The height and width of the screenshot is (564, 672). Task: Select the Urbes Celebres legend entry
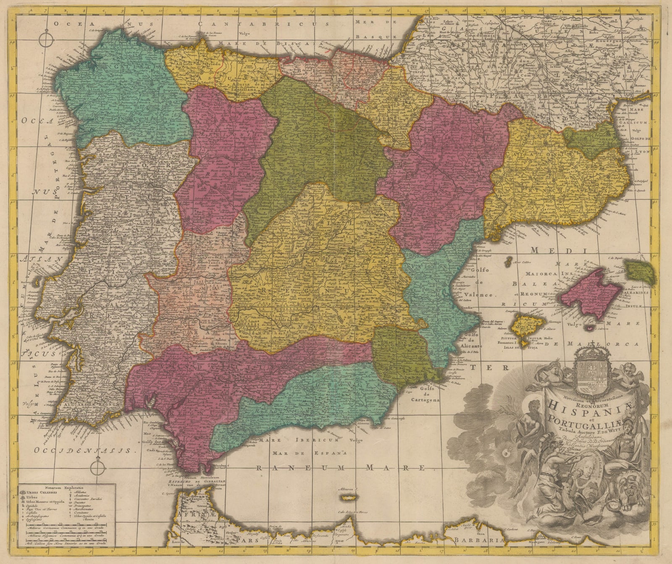42,492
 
